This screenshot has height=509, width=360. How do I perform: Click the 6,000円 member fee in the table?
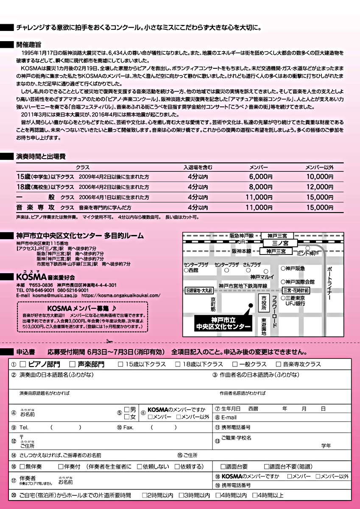[261, 176]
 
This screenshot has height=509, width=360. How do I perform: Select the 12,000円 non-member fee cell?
[319, 187]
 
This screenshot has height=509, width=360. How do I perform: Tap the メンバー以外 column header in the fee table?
[319, 167]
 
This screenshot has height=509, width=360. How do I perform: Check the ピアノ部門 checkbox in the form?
[23, 364]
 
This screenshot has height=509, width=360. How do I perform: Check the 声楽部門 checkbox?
[72, 364]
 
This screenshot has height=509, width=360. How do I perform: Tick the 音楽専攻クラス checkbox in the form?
[279, 364]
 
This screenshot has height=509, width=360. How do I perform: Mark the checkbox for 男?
[127, 410]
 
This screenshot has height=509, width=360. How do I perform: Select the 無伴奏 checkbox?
[22, 467]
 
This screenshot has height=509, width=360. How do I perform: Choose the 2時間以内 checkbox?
[144, 495]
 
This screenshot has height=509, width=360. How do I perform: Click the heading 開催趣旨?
[29, 44]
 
